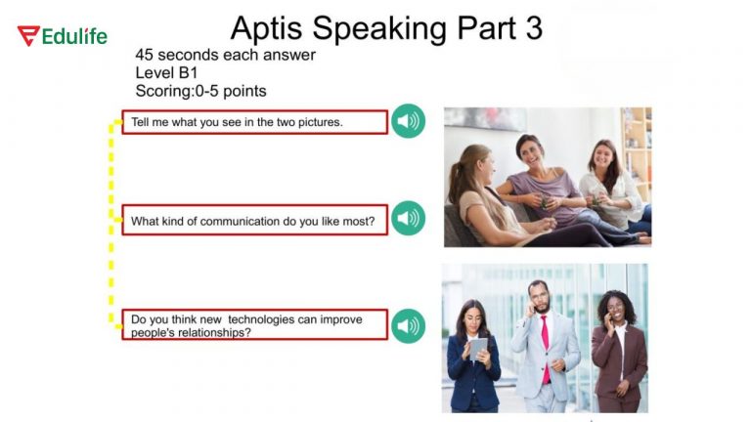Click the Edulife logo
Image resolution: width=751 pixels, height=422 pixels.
(62, 36)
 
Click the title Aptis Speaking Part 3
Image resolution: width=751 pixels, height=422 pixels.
(385, 27)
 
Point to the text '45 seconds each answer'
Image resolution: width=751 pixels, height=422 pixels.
(225, 55)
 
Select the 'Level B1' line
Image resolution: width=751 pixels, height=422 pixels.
(166, 72)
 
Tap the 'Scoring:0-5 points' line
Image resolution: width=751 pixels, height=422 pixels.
(200, 91)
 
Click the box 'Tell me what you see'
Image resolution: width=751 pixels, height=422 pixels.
(254, 122)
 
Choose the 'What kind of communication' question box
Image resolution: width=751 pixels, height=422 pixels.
(254, 220)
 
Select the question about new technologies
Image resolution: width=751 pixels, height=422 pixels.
(254, 325)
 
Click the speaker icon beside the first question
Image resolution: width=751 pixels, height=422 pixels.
(408, 122)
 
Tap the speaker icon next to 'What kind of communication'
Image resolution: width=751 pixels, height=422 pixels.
(408, 219)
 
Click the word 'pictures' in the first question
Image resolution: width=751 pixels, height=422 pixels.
(318, 122)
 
